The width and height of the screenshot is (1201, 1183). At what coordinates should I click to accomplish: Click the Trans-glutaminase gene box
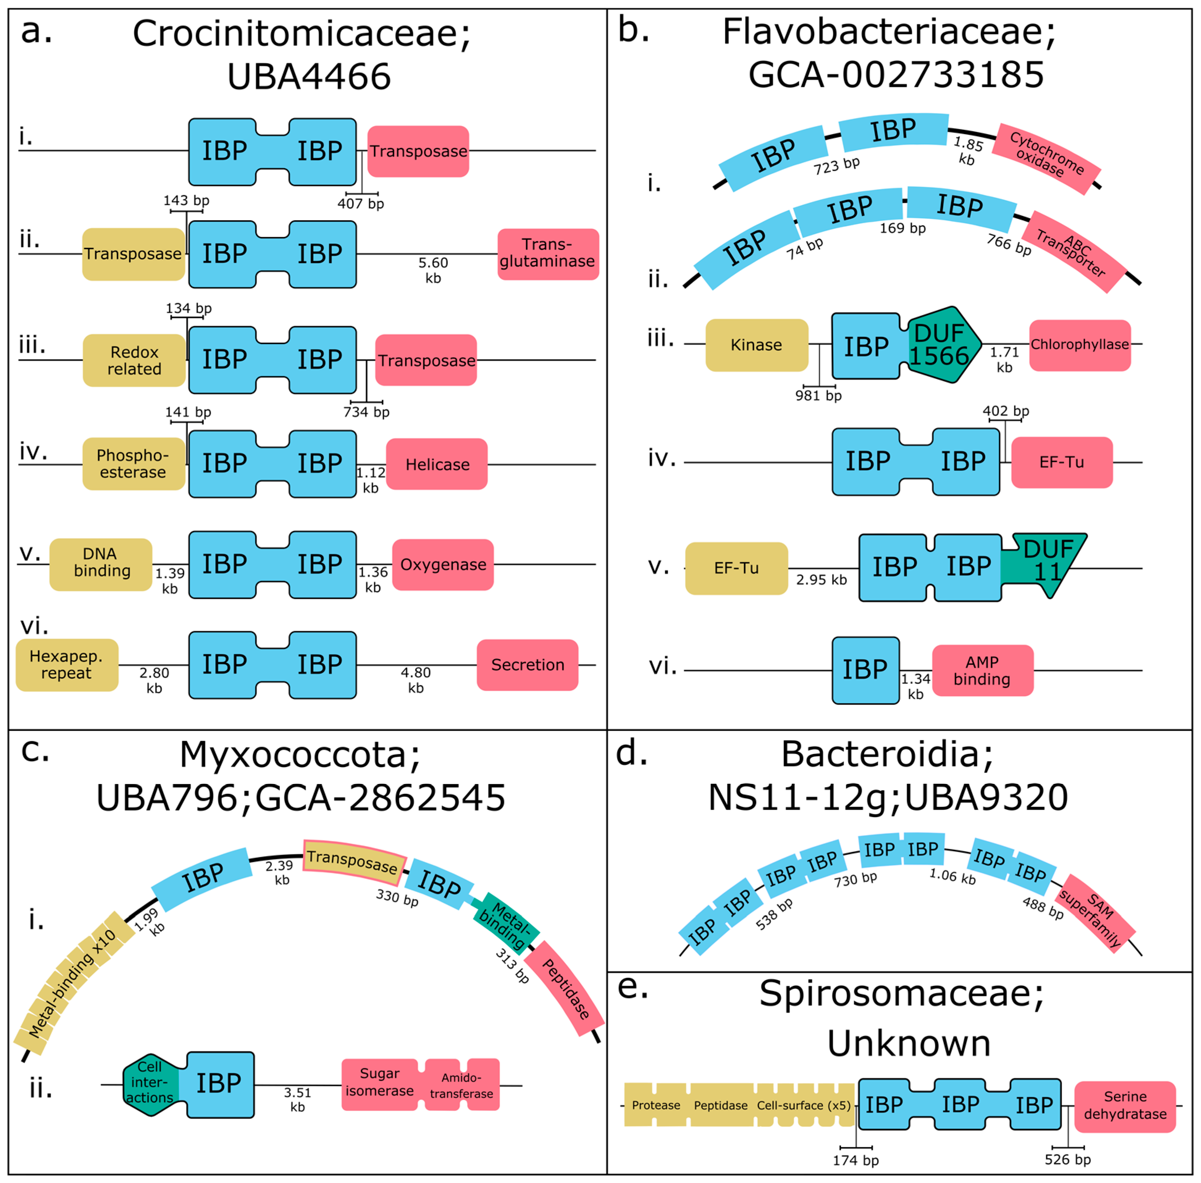click(548, 254)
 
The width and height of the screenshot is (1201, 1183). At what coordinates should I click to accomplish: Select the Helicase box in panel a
click(437, 464)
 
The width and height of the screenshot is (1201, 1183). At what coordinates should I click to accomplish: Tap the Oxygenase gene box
click(443, 564)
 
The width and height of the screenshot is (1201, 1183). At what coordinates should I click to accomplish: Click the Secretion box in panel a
click(527, 664)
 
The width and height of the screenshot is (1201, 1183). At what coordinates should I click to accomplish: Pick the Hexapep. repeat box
click(67, 664)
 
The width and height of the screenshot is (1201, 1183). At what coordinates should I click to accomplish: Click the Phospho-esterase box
click(133, 463)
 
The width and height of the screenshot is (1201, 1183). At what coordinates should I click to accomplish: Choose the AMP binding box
click(982, 670)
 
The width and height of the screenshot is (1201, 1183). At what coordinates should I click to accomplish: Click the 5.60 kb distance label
click(433, 270)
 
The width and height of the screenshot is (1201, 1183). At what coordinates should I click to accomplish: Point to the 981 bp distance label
click(818, 395)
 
